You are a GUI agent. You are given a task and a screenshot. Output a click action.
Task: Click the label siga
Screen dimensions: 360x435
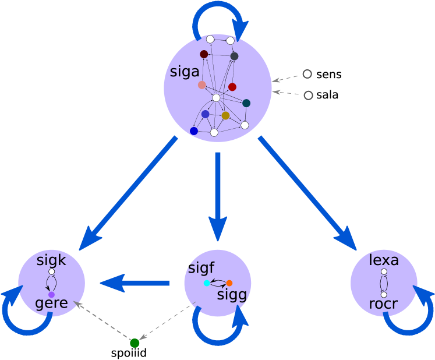tap(185, 72)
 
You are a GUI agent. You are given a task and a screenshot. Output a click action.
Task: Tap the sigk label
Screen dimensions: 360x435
tap(51, 260)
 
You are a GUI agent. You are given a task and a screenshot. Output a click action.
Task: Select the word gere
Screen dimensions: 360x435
tap(51, 303)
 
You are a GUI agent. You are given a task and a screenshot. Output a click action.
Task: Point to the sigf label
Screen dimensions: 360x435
tap(201, 269)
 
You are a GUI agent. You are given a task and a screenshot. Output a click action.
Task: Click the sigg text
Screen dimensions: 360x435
tap(232, 295)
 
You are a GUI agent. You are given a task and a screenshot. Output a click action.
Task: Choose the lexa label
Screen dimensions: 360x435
tap(384, 260)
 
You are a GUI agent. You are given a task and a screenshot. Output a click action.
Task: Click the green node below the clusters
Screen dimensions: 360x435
tap(135, 343)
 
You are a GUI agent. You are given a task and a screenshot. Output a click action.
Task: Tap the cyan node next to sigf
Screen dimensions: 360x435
tap(207, 283)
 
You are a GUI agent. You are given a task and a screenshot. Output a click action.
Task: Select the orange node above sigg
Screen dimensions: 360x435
tap(229, 283)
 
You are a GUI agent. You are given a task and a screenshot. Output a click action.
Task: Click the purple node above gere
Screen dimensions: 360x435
tap(51, 295)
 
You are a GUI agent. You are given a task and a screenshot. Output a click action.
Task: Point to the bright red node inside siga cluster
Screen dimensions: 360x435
tap(232, 87)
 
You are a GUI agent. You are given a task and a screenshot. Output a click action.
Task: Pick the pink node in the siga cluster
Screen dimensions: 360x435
tap(202, 85)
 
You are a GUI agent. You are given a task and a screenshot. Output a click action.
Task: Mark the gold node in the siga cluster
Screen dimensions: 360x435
tap(225, 115)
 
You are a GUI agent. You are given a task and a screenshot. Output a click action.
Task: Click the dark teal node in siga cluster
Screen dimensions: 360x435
tap(246, 103)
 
